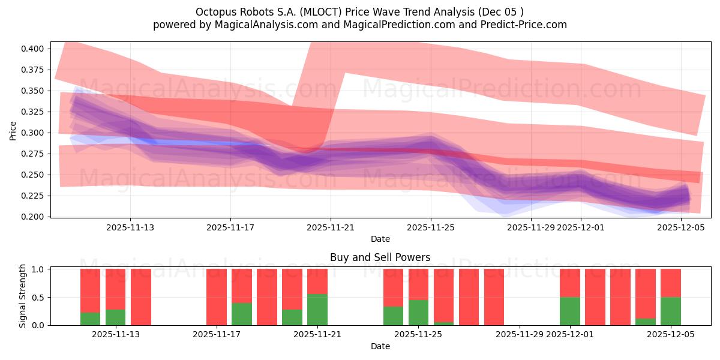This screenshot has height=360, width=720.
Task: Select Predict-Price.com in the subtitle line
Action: coord(526,25)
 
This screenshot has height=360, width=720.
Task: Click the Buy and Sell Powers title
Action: coord(380,257)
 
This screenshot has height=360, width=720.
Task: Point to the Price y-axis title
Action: coord(13,130)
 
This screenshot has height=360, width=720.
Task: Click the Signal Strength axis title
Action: coord(23,296)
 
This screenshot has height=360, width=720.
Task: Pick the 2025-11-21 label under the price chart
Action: coord(331,227)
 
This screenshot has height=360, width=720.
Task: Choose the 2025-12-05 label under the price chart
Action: coord(681,227)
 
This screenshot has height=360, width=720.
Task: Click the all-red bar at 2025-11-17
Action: coord(217,297)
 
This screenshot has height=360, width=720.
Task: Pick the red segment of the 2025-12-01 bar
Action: coord(570,283)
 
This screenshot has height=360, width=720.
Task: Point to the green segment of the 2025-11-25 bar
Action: coord(419,312)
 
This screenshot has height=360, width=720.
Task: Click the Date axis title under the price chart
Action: coord(380,239)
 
